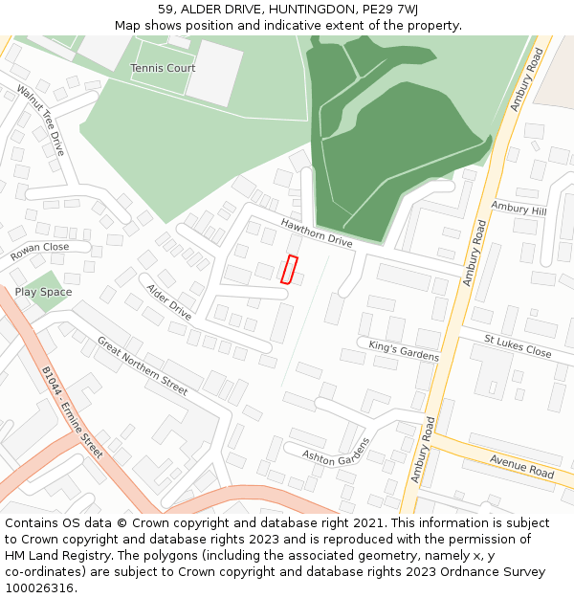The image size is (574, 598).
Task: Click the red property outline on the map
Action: (x=289, y=270)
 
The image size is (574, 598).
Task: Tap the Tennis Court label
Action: (x=163, y=68)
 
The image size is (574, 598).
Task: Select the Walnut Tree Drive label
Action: (x=41, y=121)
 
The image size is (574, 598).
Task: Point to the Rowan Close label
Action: (x=40, y=252)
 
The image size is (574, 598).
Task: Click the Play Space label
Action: (x=43, y=292)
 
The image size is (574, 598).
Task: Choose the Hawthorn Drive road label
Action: (x=317, y=233)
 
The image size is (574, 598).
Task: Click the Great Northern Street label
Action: (x=143, y=365)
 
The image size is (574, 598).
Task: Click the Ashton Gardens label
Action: (x=335, y=452)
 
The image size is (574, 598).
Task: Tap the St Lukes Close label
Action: (x=518, y=346)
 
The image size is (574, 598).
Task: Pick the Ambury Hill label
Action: (x=518, y=209)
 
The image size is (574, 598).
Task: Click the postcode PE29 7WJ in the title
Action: (x=392, y=10)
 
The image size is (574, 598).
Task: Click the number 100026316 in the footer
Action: (x=39, y=587)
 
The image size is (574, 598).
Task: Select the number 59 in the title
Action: (x=166, y=10)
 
